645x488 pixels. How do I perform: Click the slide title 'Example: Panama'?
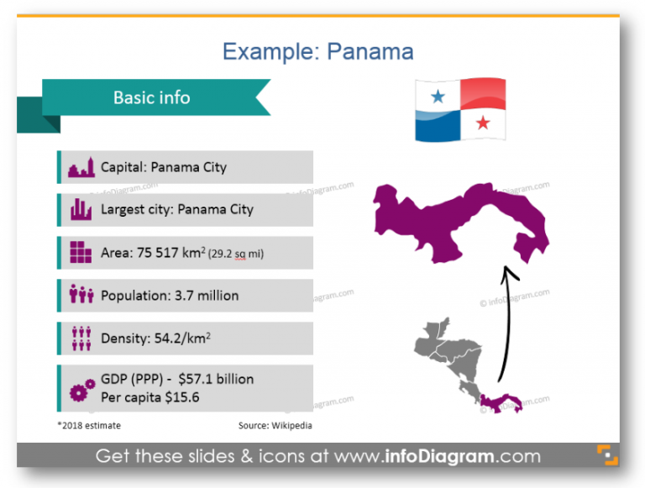317,51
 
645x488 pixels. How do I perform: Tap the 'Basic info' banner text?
152,97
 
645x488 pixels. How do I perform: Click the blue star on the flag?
438,97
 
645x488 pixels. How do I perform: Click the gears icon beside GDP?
81,389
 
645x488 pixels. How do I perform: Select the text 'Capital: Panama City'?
164,167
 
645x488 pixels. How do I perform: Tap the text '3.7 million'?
206,296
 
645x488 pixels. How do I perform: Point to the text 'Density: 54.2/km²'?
155,338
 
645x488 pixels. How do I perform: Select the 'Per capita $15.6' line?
150,397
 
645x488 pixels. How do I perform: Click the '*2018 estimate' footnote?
89,426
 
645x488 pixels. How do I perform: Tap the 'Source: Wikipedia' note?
275,426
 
